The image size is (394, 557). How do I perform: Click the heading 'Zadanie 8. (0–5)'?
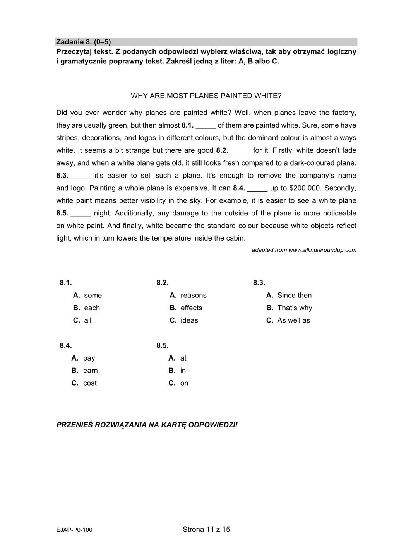click(84, 42)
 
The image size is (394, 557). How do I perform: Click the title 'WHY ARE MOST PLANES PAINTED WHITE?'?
click(206, 96)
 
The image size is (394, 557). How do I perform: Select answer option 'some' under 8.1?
click(93, 295)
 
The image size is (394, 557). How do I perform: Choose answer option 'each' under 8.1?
click(92, 308)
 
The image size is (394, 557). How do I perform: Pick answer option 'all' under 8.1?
click(87, 320)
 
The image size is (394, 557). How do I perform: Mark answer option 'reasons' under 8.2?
click(193, 295)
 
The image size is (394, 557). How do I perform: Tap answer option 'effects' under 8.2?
click(191, 308)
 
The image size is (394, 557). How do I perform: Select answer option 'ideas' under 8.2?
click(189, 320)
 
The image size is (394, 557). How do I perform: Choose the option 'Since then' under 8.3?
click(294, 295)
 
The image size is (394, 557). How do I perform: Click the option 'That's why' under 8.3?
click(295, 308)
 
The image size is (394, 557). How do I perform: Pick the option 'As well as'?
click(293, 320)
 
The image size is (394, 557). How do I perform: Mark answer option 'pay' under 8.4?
click(89, 358)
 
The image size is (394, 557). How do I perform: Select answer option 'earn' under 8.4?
click(90, 371)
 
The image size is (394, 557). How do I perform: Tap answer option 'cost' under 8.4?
click(90, 383)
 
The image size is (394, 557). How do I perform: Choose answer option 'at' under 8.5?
click(183, 358)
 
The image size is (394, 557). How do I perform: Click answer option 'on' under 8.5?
click(184, 383)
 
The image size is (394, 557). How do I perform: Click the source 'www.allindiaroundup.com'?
click(322, 250)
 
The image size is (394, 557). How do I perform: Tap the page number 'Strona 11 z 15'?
click(206, 529)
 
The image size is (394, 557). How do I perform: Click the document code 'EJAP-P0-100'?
click(74, 530)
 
